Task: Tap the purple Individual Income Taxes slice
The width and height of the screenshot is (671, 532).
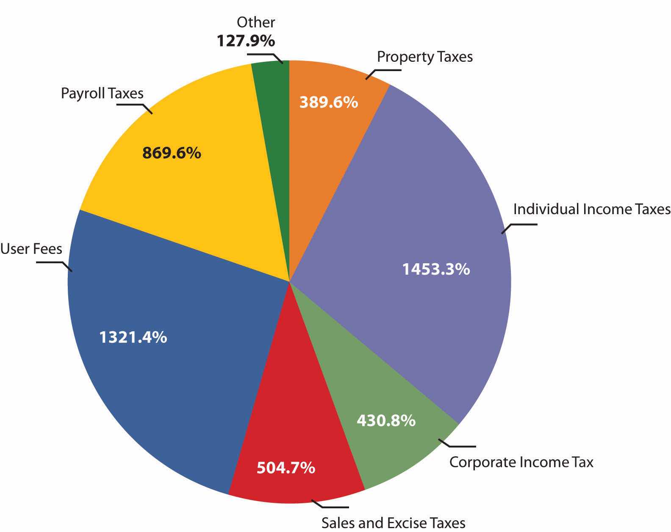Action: pyautogui.click(x=415, y=212)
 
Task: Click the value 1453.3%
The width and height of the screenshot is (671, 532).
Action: pyautogui.click(x=436, y=269)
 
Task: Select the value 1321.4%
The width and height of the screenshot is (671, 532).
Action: pyautogui.click(x=133, y=337)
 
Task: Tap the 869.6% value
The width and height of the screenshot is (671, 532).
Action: pyautogui.click(x=172, y=153)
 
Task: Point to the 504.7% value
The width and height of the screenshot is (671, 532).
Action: pyautogui.click(x=286, y=468)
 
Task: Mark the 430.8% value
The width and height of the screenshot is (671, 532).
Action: pyautogui.click(x=386, y=420)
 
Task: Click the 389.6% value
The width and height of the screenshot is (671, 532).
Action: pyautogui.click(x=329, y=102)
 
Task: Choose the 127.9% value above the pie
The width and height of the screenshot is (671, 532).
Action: pyautogui.click(x=246, y=41)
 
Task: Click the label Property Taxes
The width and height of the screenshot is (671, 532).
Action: pyautogui.click(x=425, y=57)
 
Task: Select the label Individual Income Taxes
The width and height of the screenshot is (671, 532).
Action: pyautogui.click(x=592, y=209)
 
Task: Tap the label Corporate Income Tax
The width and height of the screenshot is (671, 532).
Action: pyautogui.click(x=521, y=462)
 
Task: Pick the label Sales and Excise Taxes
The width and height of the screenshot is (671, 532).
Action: pyautogui.click(x=393, y=523)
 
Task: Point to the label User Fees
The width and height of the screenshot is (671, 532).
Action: pyautogui.click(x=31, y=248)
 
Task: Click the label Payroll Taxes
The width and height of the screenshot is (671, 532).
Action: pyautogui.click(x=102, y=93)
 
